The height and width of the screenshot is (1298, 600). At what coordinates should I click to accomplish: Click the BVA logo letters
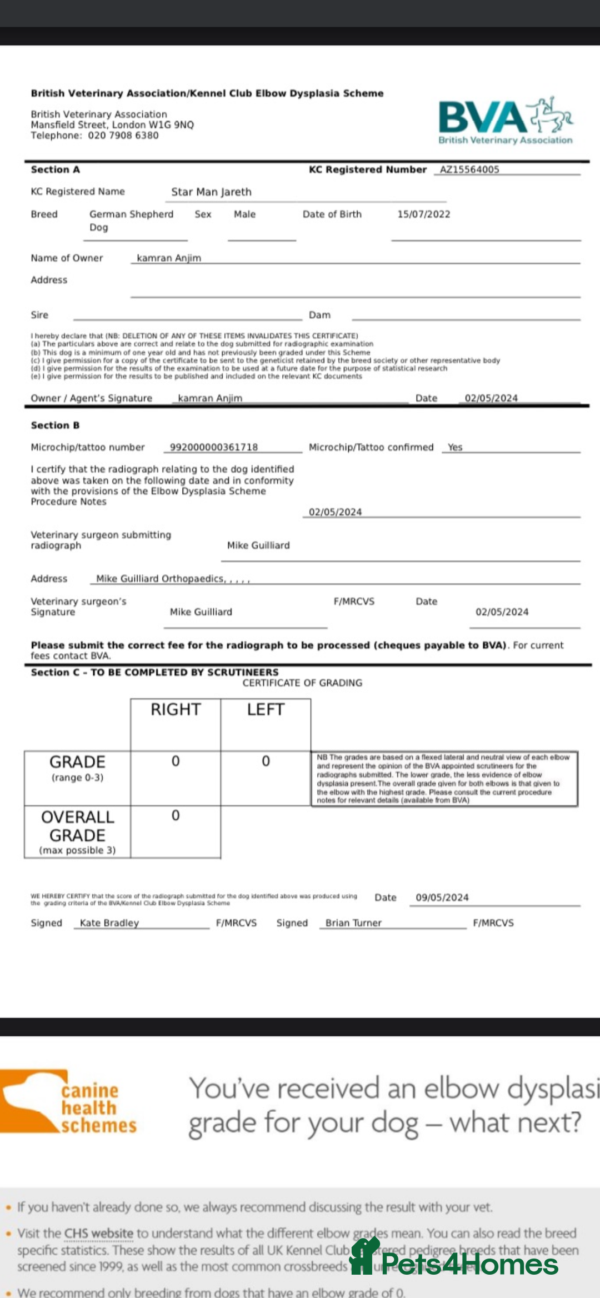(482, 117)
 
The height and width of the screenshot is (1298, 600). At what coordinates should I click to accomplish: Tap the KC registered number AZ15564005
(469, 169)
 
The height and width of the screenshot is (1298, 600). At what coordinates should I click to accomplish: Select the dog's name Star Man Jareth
(211, 192)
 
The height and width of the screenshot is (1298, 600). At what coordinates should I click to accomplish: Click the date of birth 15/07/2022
(423, 214)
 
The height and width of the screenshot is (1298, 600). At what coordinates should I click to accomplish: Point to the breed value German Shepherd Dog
(131, 220)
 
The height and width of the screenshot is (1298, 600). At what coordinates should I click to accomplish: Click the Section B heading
(55, 425)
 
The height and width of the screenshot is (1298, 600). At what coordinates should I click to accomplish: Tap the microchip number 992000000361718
(214, 447)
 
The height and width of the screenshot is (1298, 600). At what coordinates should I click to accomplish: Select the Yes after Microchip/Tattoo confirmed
(455, 447)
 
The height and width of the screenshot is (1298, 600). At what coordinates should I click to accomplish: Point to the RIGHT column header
(176, 709)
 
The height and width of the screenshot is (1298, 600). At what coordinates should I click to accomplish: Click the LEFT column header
(266, 709)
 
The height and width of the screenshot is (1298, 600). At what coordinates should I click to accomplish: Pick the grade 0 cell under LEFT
(266, 761)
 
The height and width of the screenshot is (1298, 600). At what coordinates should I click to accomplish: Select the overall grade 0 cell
(176, 815)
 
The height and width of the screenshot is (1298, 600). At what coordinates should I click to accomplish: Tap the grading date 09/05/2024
(442, 897)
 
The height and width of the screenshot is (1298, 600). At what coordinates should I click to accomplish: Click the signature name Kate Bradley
(109, 923)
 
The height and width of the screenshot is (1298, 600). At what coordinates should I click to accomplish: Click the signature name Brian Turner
(353, 923)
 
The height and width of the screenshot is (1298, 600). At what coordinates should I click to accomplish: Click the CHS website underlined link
(98, 1233)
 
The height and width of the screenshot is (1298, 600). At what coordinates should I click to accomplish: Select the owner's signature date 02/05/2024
(491, 398)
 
